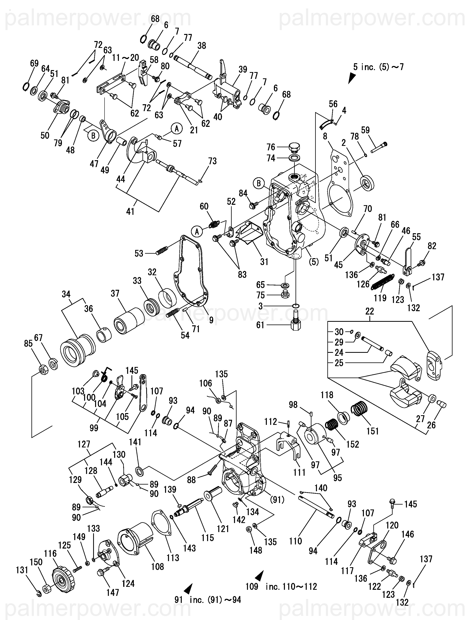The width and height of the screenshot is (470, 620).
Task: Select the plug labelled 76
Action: coord(294,147)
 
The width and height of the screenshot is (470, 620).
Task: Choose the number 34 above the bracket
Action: coord(66,294)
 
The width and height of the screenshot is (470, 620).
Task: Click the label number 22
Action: coord(370,311)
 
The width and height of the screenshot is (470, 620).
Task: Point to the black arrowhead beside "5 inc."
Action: coord(352,78)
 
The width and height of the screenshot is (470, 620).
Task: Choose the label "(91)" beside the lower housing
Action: coord(277,499)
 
